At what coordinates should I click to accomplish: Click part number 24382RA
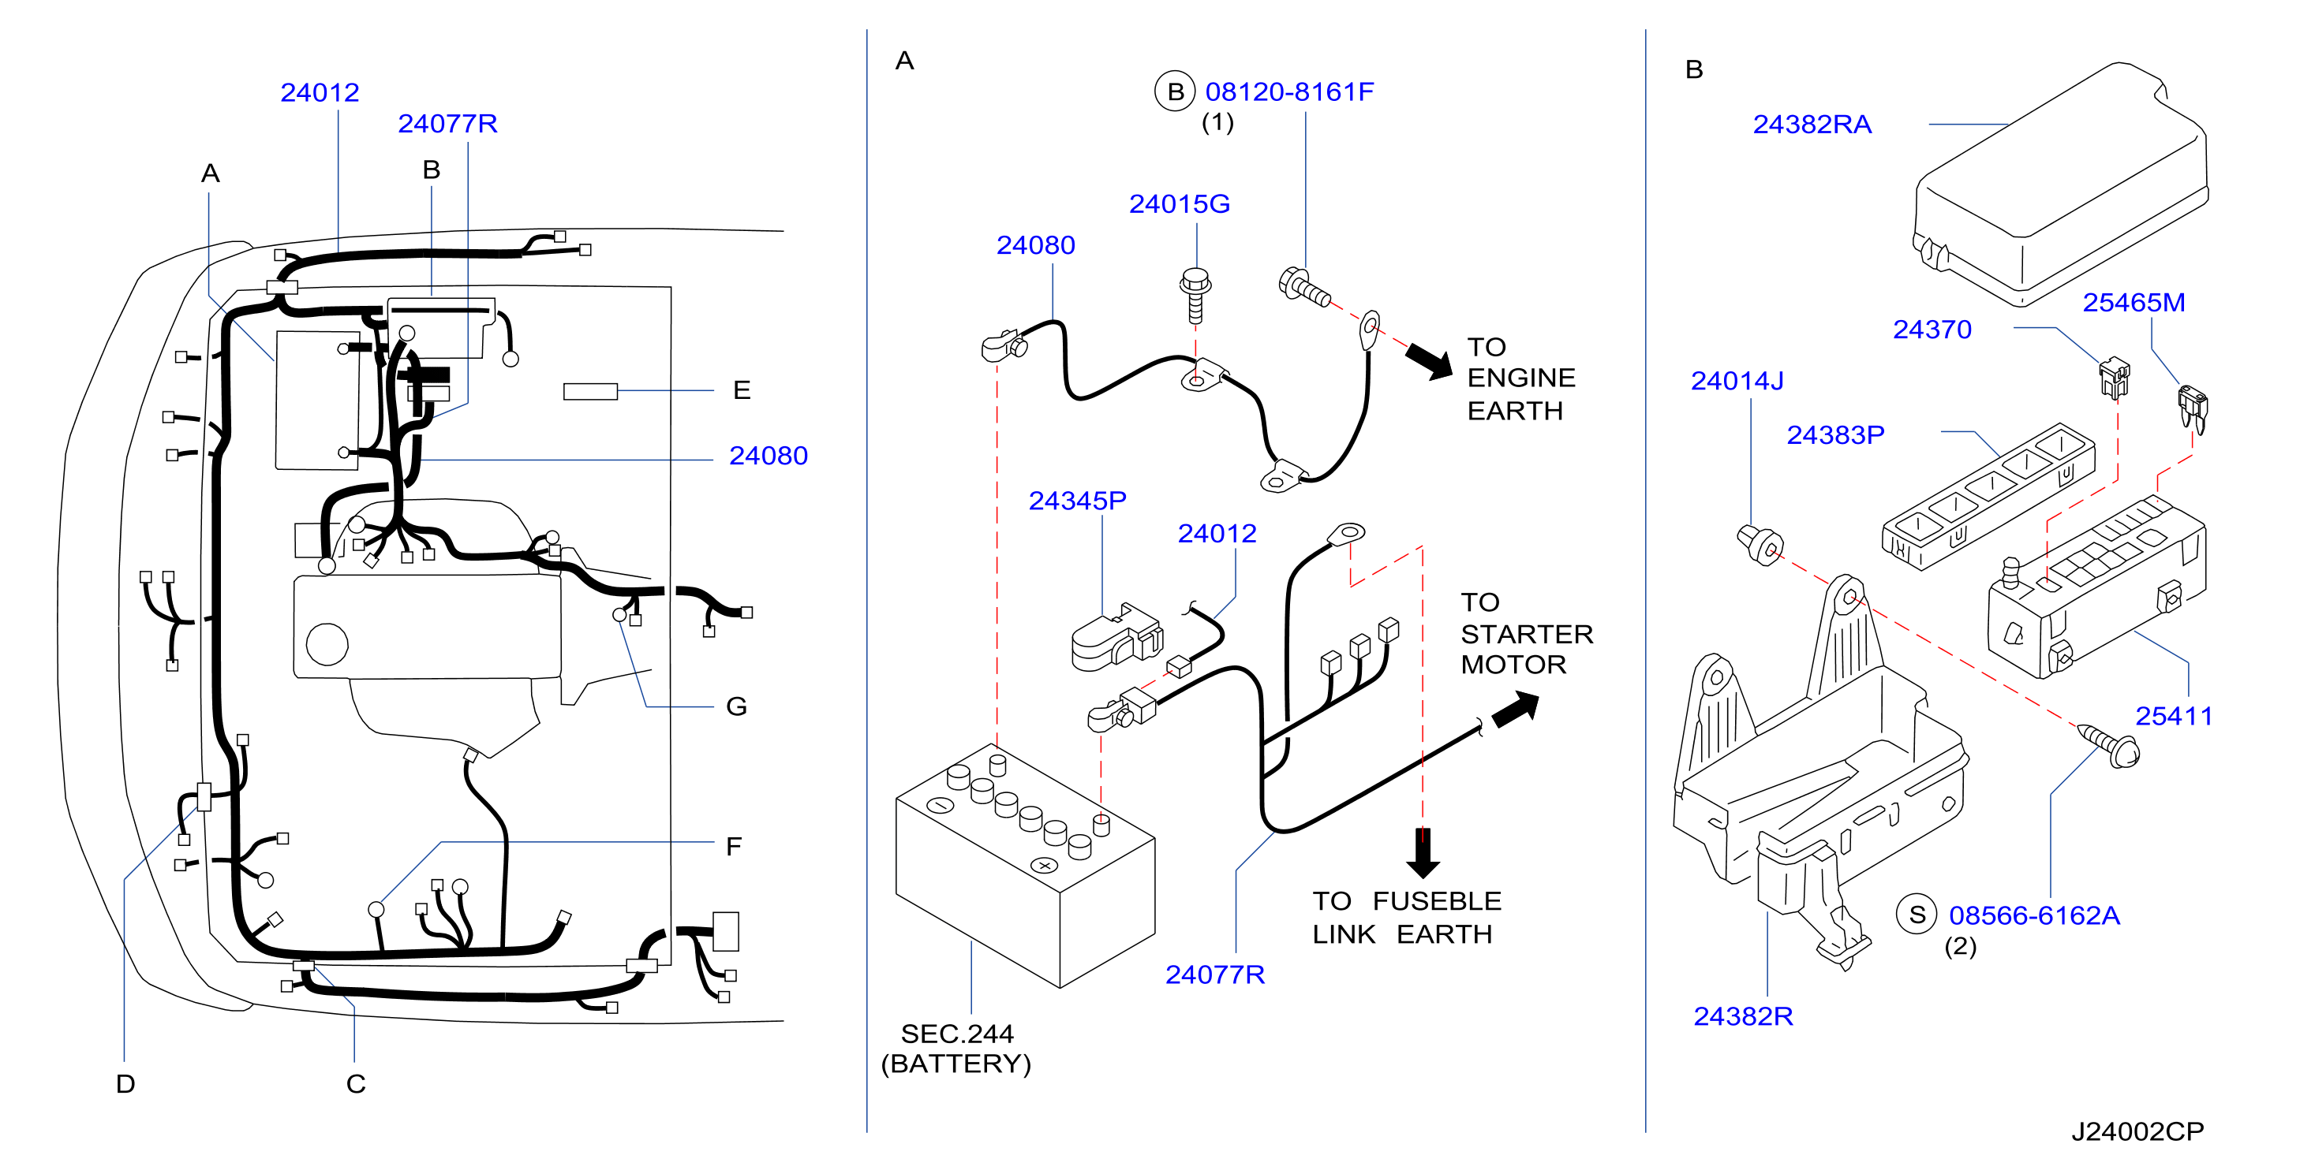pyautogui.click(x=1812, y=124)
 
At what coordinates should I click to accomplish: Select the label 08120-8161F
pyautogui.click(x=1289, y=92)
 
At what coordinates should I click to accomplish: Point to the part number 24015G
pyautogui.click(x=1180, y=204)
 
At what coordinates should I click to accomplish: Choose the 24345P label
pyautogui.click(x=1078, y=501)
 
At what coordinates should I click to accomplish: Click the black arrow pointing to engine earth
pyautogui.click(x=1430, y=360)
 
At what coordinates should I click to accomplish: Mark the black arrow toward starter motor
pyautogui.click(x=1516, y=710)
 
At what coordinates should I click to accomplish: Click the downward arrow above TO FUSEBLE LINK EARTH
pyautogui.click(x=1423, y=853)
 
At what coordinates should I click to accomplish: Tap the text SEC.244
pyautogui.click(x=957, y=1034)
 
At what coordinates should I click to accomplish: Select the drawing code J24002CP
pyautogui.click(x=2137, y=1131)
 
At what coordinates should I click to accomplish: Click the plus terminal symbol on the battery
pyautogui.click(x=1044, y=865)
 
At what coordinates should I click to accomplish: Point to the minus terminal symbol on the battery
pyautogui.click(x=941, y=805)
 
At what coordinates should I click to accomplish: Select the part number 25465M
pyautogui.click(x=2134, y=303)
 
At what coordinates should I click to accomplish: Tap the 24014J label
pyautogui.click(x=1737, y=381)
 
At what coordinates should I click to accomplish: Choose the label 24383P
pyautogui.click(x=1836, y=434)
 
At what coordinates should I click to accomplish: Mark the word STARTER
pyautogui.click(x=1527, y=635)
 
